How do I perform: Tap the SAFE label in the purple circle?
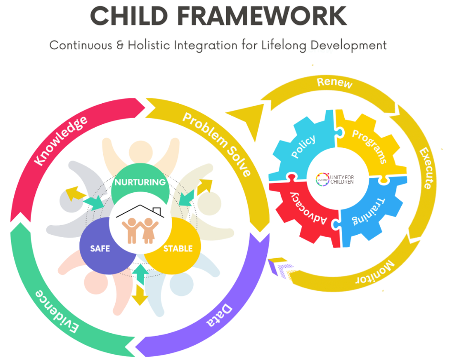point(100,248)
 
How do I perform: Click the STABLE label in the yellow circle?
point(178,248)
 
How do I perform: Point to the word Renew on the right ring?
point(335,83)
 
